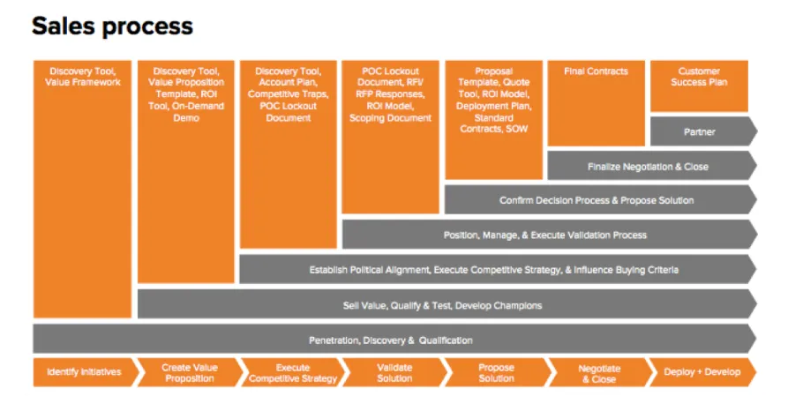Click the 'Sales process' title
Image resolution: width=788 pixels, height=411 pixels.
coord(112,26)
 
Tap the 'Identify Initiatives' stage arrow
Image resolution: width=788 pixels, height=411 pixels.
coord(85,372)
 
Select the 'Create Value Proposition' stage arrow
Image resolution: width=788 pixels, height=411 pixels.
coord(190,372)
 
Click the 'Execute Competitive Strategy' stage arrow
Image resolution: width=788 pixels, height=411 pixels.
coord(292,372)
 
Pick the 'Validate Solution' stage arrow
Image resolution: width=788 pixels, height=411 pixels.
coord(394,372)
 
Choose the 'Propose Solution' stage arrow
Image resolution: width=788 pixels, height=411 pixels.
coord(497,372)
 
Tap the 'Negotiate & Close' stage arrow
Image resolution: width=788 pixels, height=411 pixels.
coord(599,372)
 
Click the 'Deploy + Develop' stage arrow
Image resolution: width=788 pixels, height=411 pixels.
coord(702,372)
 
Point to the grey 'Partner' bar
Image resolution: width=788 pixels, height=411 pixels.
coord(703,131)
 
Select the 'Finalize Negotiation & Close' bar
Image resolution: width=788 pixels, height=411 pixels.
coord(652,166)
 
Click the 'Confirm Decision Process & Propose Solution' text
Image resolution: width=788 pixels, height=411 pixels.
coord(597,200)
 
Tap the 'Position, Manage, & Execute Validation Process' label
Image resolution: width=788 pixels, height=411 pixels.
coord(544,235)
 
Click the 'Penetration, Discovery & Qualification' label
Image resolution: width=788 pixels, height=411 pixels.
coord(391,340)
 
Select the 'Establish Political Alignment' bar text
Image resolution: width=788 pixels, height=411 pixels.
coord(370,270)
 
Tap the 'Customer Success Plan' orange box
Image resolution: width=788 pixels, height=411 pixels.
coord(699,86)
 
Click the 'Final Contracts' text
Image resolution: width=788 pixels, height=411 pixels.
coord(596,71)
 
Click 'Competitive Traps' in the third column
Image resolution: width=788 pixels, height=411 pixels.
coord(288,94)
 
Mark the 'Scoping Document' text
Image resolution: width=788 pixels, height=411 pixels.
coord(391,118)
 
